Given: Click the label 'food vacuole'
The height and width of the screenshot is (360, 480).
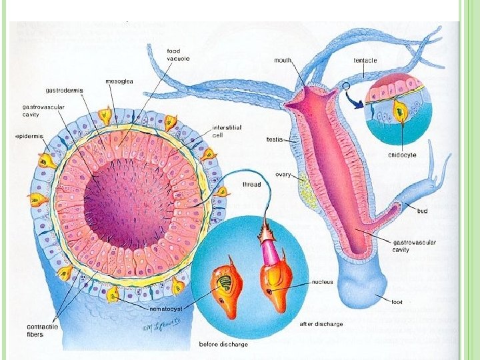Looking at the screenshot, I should [173, 55].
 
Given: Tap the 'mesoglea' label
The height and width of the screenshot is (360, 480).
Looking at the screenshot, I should [119, 81].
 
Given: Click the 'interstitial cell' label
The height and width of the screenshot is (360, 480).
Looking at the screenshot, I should [226, 131].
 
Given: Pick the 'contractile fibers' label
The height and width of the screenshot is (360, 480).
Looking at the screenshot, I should [45, 330].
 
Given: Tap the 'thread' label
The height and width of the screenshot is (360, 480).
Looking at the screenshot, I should [251, 185].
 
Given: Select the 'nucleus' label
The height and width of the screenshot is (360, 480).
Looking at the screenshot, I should [323, 283].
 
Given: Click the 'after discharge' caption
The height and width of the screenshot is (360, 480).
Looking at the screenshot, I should [321, 324].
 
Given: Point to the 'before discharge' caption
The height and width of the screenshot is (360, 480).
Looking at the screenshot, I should [224, 345].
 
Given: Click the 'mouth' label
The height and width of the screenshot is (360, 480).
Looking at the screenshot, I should [283, 60].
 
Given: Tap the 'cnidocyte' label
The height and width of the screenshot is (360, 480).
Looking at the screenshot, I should [403, 156].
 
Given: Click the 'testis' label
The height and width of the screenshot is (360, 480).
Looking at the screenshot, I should [274, 140].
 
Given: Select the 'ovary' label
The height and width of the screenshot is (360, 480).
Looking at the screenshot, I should [283, 175].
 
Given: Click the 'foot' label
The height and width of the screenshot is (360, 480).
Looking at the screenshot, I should [397, 302].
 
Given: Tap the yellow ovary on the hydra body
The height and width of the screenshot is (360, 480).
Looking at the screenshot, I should [305, 190].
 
